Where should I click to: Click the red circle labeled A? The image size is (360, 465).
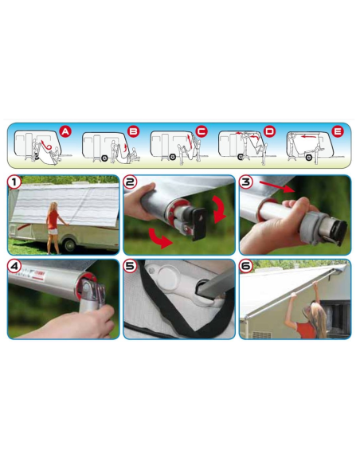click(65, 131)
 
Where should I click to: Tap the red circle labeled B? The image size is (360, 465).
click(133, 131)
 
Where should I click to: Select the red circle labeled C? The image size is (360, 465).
click(201, 131)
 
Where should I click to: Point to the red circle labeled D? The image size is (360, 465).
click(269, 131)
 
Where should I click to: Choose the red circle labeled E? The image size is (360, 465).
click(338, 131)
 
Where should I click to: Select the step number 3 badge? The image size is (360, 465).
click(246, 182)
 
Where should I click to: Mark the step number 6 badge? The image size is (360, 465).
click(246, 266)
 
